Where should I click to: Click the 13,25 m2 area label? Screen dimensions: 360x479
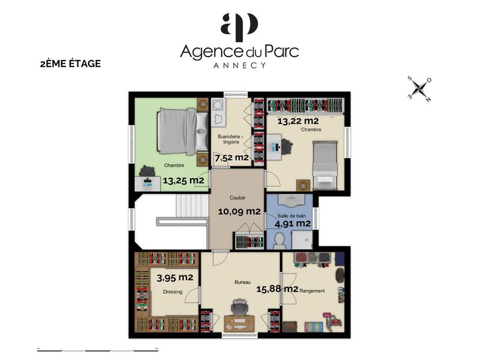coord(183,179)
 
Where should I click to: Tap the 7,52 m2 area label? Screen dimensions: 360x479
coord(231,158)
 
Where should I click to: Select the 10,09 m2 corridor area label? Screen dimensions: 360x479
coord(239,211)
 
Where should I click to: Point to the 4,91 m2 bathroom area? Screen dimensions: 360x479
coord(293,224)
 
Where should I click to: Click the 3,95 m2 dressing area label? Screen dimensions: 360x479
coord(175,278)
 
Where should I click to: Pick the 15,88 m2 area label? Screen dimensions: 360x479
coord(278,289)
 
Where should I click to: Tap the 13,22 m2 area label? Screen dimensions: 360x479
coord(297,121)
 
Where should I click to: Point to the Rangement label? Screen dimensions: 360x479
coord(312,291)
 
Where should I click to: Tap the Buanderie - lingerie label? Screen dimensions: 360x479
coord(231,140)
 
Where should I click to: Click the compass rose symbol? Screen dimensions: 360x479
coord(420,88)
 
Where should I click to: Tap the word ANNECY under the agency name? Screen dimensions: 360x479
coord(239,65)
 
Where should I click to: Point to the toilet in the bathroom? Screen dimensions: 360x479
coord(279,240)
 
